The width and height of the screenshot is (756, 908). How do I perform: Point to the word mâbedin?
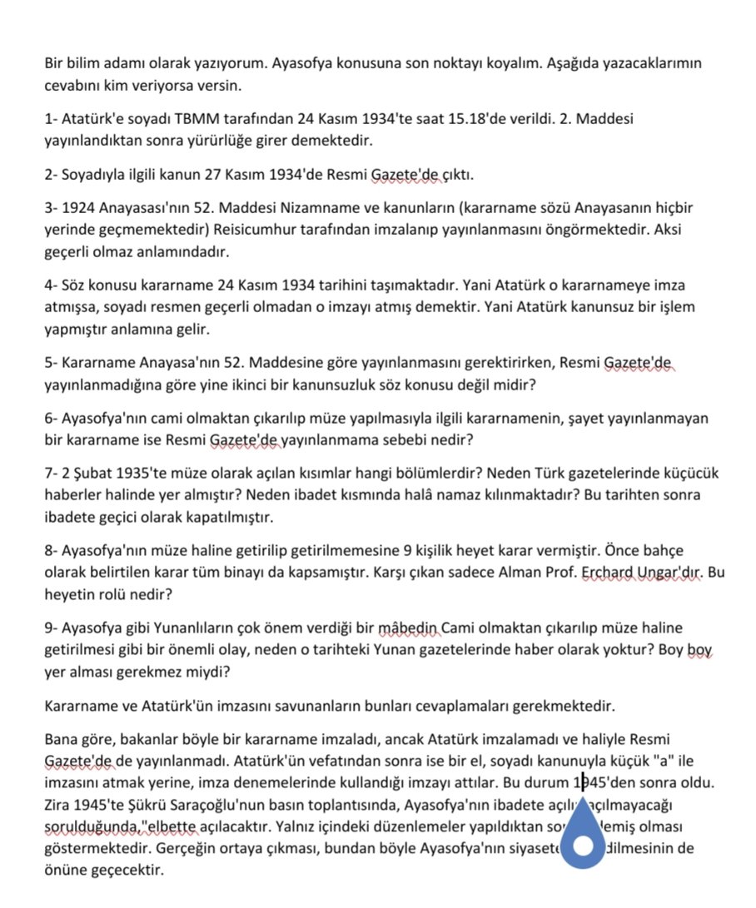coord(408,628)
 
